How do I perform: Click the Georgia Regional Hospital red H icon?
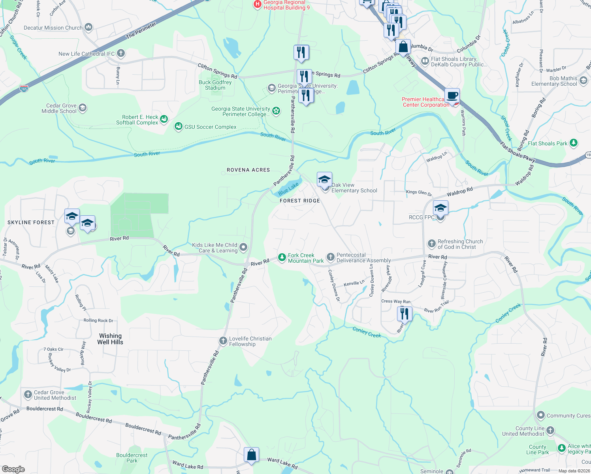[257, 4]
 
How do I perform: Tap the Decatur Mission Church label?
[53, 28]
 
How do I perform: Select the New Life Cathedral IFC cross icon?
[121, 53]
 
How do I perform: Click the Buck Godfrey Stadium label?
[215, 85]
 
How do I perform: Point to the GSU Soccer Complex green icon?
[179, 126]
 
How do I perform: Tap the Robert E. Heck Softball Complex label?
[137, 120]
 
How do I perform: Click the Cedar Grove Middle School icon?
[83, 108]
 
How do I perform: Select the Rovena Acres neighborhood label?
[248, 170]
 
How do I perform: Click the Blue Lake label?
[288, 189]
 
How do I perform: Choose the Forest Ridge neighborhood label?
[300, 201]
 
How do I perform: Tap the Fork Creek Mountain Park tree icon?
[282, 258]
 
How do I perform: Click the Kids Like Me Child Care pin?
[244, 247]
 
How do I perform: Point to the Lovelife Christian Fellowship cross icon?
[223, 340]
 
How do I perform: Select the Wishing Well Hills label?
[110, 339]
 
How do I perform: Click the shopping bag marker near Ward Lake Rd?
[251, 455]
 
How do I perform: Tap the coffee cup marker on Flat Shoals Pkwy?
[452, 96]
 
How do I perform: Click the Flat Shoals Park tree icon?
[574, 143]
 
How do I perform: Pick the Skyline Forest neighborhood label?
[31, 222]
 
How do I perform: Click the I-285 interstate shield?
[24, 88]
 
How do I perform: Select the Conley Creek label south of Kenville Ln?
[367, 333]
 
